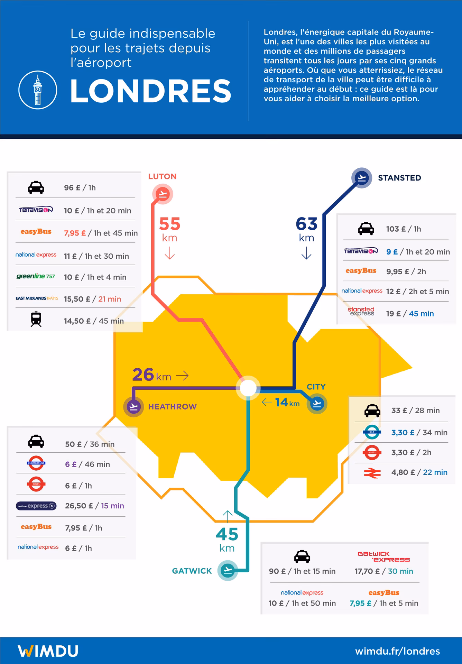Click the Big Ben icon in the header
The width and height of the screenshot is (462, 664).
click(37, 90)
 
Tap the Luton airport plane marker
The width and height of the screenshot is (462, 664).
click(163, 194)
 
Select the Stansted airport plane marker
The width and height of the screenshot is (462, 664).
click(362, 178)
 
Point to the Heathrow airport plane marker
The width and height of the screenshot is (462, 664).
click(133, 407)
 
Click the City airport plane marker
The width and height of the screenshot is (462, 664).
click(317, 404)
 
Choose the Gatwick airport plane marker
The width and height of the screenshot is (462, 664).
click(228, 570)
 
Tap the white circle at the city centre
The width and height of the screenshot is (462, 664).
click(248, 388)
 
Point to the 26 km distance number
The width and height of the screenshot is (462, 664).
click(143, 375)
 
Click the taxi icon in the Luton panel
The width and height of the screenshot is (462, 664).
click(36, 188)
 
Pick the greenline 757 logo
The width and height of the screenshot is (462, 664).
click(36, 276)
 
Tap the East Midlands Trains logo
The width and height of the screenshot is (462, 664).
click(37, 298)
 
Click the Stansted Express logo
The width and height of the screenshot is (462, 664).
click(361, 311)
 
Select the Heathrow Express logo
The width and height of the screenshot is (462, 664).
click(36, 506)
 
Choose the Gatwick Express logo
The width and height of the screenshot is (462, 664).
click(384, 556)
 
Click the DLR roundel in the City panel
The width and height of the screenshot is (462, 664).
click(372, 432)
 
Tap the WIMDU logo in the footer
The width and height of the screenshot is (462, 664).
click(48, 651)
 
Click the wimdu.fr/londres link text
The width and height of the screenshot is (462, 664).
click(397, 651)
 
